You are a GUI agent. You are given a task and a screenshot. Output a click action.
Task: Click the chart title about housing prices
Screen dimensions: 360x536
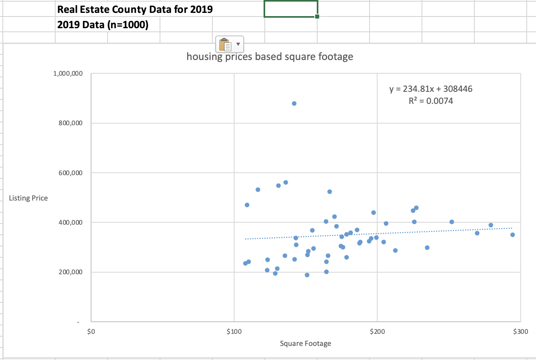click(x=270, y=57)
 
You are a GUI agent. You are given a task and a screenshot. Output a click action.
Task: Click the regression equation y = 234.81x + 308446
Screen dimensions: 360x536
click(x=430, y=89)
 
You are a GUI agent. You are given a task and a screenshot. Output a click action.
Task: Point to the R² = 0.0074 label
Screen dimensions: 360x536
click(x=430, y=101)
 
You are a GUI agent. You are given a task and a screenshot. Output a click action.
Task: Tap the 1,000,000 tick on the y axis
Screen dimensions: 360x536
click(x=68, y=74)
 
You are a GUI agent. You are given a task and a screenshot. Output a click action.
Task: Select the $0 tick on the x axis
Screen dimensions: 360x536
click(x=91, y=332)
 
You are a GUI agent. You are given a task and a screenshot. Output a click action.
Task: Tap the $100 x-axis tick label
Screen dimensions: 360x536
click(x=234, y=332)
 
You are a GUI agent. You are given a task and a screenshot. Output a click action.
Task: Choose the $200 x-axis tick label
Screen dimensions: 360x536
click(x=377, y=332)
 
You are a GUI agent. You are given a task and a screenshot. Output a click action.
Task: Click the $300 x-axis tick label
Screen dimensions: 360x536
click(x=520, y=332)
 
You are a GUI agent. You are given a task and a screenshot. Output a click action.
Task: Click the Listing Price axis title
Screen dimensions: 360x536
click(x=29, y=198)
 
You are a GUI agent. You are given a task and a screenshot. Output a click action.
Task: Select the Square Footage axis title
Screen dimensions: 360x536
click(x=305, y=343)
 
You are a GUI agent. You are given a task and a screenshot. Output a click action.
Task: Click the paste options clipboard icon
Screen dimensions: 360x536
click(x=224, y=43)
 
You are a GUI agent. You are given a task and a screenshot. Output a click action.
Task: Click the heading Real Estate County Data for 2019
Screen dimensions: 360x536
click(x=135, y=9)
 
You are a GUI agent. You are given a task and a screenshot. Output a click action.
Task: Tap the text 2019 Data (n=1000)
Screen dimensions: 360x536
click(x=103, y=25)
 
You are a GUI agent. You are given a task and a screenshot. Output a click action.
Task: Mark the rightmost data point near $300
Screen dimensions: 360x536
click(x=512, y=235)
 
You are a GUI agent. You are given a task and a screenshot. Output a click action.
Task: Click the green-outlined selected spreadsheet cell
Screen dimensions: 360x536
click(x=291, y=9)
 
